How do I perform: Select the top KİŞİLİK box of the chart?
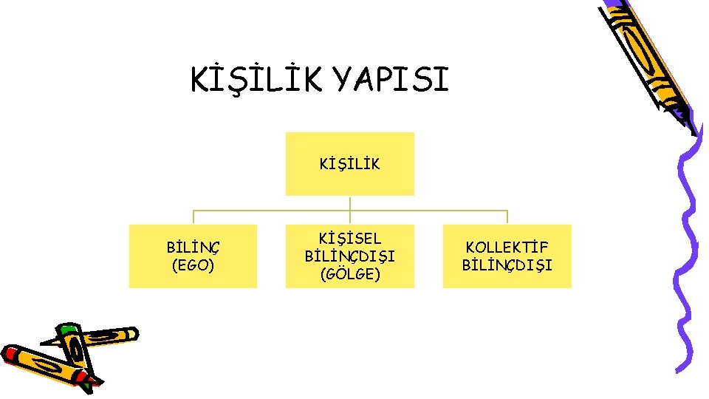(349, 163)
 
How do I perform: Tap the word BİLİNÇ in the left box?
(193, 248)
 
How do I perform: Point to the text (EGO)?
(193, 265)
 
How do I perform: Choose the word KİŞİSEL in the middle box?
(349, 239)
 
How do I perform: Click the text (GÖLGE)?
(349, 274)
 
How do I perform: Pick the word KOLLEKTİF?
(507, 248)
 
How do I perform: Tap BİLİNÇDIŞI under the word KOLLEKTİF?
(507, 265)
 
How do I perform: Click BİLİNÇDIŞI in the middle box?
(349, 256)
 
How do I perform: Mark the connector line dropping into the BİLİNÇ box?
(193, 217)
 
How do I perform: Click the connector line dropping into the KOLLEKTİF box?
(507, 217)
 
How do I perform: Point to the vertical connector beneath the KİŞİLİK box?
(349, 202)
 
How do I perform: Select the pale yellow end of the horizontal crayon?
(132, 333)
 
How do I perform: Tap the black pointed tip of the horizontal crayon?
(46, 343)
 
